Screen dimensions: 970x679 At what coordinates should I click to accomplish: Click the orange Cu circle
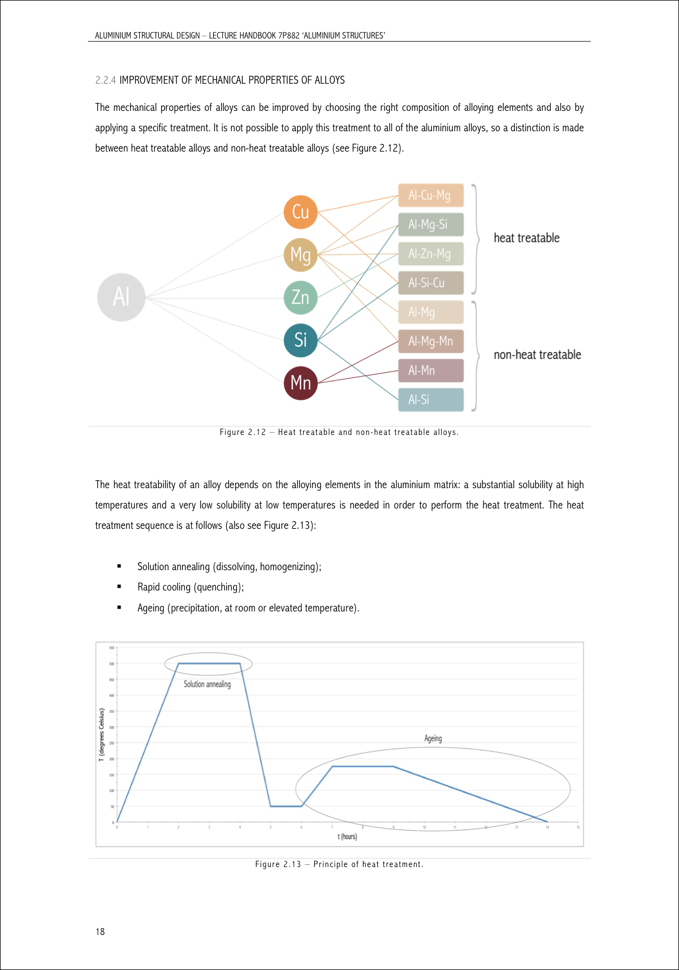pos(300,212)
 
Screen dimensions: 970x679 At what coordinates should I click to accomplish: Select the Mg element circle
pos(300,255)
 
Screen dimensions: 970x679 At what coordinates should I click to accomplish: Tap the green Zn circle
pos(300,298)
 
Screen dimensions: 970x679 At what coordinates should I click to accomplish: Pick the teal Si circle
pos(300,340)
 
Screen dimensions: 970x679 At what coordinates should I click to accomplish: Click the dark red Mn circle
pos(300,383)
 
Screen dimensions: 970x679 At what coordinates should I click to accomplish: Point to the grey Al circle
pos(121,297)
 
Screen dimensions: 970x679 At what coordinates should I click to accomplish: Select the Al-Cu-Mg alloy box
pos(431,195)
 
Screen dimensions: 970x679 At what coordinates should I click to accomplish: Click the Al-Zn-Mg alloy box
pos(431,253)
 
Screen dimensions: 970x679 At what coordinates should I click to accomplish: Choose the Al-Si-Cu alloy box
pos(431,283)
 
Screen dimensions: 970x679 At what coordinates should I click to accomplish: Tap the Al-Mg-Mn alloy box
pos(431,341)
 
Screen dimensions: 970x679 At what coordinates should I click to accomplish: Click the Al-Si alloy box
pos(431,400)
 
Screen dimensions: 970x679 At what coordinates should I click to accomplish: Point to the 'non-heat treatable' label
pos(537,355)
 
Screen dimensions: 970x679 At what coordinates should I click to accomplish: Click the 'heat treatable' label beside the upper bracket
pos(526,238)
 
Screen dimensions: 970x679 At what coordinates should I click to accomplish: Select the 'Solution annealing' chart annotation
pos(207,684)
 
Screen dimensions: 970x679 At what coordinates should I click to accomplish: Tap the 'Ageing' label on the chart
pos(433,738)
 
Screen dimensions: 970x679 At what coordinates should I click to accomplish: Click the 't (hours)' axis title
pos(347,837)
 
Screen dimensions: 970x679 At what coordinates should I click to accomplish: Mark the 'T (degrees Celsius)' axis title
pos(102,735)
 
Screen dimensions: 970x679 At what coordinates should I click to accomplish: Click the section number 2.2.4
pos(106,80)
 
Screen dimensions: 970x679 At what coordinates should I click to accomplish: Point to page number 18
pos(100,932)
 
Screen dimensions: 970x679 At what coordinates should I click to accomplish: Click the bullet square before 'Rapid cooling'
pos(119,587)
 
